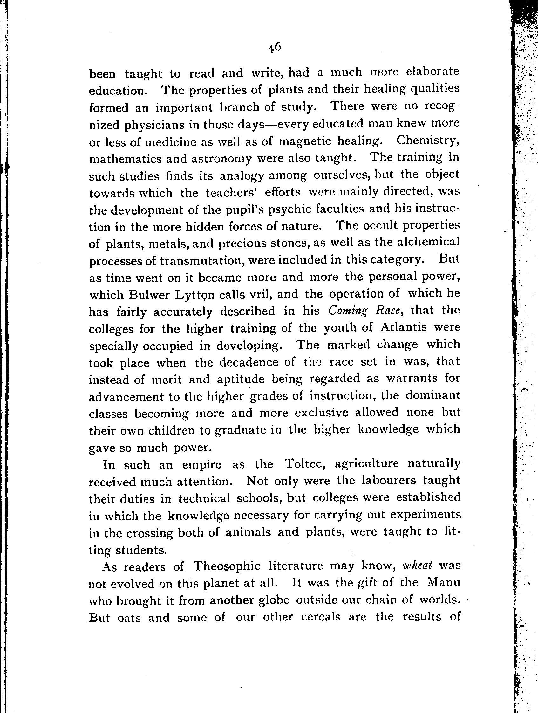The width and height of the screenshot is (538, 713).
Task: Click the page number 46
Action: click(274, 48)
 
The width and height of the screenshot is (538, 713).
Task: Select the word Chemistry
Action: click(427, 141)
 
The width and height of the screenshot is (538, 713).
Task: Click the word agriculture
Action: click(367, 464)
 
